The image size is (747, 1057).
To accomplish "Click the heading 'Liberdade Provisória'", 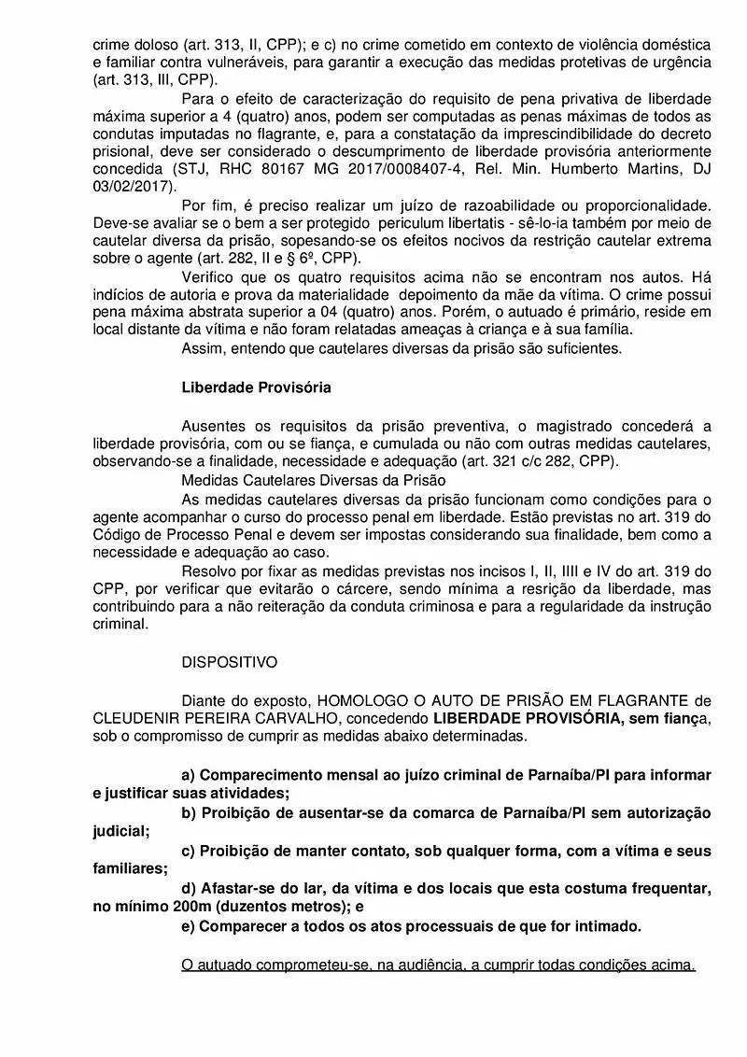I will (x=256, y=386).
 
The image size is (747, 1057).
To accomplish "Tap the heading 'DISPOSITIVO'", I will (x=230, y=662).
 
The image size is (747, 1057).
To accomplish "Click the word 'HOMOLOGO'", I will (x=363, y=700).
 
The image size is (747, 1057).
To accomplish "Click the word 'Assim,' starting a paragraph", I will (x=204, y=348).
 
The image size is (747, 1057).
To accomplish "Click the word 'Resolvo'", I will (x=211, y=571).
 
